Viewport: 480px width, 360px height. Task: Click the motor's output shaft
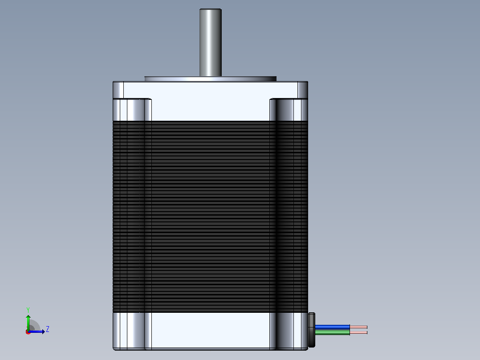[211, 43]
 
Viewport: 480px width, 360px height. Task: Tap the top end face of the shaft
[211, 9]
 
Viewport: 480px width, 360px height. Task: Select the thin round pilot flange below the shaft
[210, 79]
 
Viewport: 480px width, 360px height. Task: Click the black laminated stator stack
[210, 217]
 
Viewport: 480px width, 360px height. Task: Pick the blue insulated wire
[333, 327]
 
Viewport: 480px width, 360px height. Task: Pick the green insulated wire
[333, 332]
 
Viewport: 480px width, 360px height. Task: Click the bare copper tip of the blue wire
[358, 327]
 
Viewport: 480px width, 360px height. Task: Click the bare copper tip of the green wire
[358, 332]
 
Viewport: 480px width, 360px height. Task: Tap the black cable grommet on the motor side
[312, 330]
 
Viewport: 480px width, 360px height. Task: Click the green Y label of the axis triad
[28, 310]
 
